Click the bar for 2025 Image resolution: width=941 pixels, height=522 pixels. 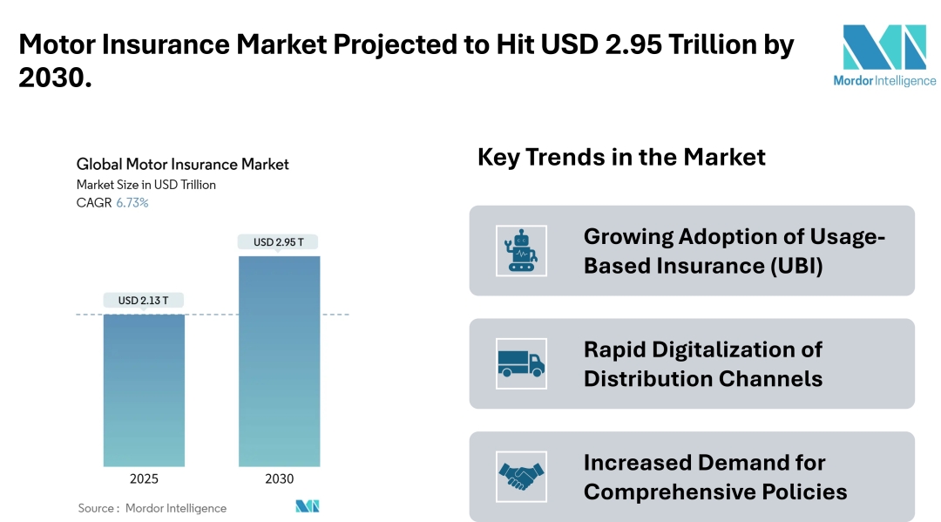[x=144, y=390]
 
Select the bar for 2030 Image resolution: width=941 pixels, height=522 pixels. [x=279, y=361]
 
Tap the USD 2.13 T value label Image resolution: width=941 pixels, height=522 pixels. [x=144, y=301]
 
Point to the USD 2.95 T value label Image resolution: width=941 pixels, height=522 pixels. [x=279, y=242]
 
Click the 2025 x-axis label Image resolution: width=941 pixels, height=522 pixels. [x=144, y=479]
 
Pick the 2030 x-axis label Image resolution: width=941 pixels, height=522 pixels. [x=279, y=479]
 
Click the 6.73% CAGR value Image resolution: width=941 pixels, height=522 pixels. [x=132, y=203]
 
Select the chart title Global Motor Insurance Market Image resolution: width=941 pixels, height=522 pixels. [x=183, y=164]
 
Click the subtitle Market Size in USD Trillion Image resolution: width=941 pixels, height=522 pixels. [x=146, y=185]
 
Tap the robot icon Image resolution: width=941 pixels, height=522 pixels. [x=521, y=251]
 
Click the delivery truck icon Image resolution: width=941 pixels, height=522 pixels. [x=521, y=363]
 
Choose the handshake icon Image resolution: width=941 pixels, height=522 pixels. [x=521, y=477]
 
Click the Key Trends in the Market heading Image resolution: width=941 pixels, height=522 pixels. [x=621, y=157]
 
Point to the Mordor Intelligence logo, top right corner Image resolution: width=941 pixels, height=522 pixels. [x=883, y=55]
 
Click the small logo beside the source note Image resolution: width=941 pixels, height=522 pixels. [x=308, y=506]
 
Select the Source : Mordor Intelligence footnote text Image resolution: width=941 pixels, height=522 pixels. [x=152, y=508]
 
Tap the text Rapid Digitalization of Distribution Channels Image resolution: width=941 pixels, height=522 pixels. [x=703, y=364]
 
